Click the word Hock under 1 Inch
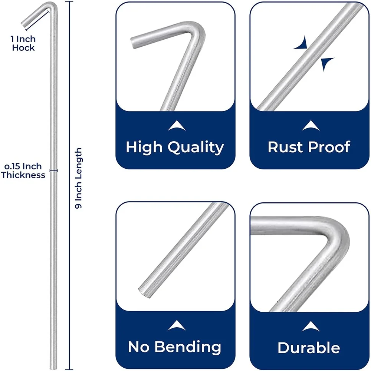tap(23, 48)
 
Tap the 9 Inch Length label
tap(79, 179)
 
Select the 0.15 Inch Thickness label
tap(23, 171)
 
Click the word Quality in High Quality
tap(196, 148)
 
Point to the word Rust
tap(285, 147)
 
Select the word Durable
tap(309, 348)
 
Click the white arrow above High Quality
tap(176, 127)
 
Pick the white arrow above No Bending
tap(176, 327)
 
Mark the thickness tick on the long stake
tap(54, 171)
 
